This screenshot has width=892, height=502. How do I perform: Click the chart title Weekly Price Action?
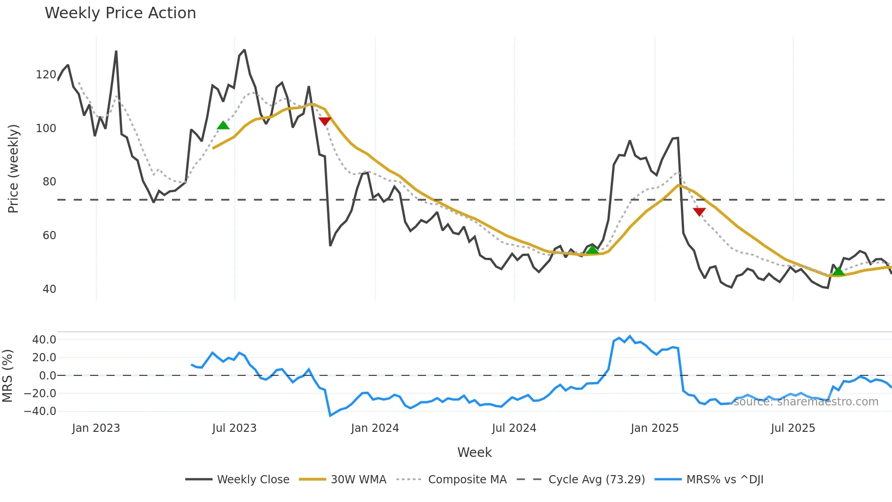pyautogui.click(x=120, y=13)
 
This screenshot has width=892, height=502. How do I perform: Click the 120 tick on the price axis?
pyautogui.click(x=46, y=75)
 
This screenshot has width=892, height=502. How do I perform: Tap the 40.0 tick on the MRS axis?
pyautogui.click(x=44, y=340)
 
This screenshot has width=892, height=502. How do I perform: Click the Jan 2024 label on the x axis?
pyautogui.click(x=375, y=428)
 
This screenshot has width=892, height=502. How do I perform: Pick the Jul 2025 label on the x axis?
pyautogui.click(x=793, y=428)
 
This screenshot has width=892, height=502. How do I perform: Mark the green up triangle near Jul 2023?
pyautogui.click(x=223, y=125)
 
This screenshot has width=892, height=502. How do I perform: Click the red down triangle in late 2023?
pyautogui.click(x=324, y=121)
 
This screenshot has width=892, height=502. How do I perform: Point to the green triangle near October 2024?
pyautogui.click(x=592, y=250)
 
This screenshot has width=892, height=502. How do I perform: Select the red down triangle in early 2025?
pyautogui.click(x=699, y=212)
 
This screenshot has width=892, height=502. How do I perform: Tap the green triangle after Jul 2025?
pyautogui.click(x=838, y=271)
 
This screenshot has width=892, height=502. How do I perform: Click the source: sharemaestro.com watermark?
pyautogui.click(x=806, y=402)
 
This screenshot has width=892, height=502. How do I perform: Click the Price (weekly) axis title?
pyautogui.click(x=13, y=169)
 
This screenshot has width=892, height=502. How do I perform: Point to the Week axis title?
pyautogui.click(x=474, y=452)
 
